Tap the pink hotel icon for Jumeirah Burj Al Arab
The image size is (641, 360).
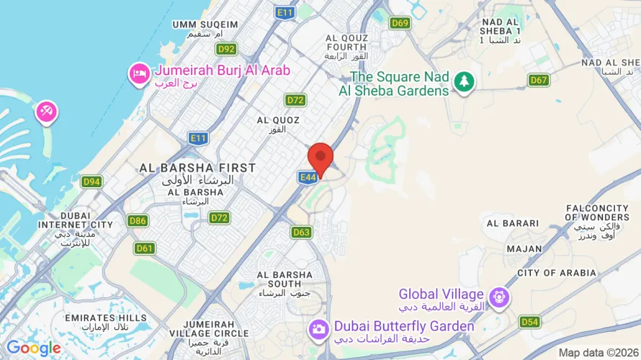[138, 73]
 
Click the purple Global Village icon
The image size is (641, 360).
[498, 296]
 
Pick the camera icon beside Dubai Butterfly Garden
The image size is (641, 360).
[318, 329]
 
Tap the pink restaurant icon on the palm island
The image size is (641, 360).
[48, 112]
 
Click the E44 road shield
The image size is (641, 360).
[306, 176]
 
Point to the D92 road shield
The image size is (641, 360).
[226, 49]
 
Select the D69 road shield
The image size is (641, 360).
[400, 23]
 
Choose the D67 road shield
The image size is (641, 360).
[539, 80]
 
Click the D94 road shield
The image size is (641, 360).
[91, 181]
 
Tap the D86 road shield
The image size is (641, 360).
[138, 220]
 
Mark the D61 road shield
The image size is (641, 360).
[145, 248]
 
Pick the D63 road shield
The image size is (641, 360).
[301, 232]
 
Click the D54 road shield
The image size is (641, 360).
[530, 321]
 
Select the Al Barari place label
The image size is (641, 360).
[513, 223]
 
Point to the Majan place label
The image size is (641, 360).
[524, 248]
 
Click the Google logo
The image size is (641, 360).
[33, 348]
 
